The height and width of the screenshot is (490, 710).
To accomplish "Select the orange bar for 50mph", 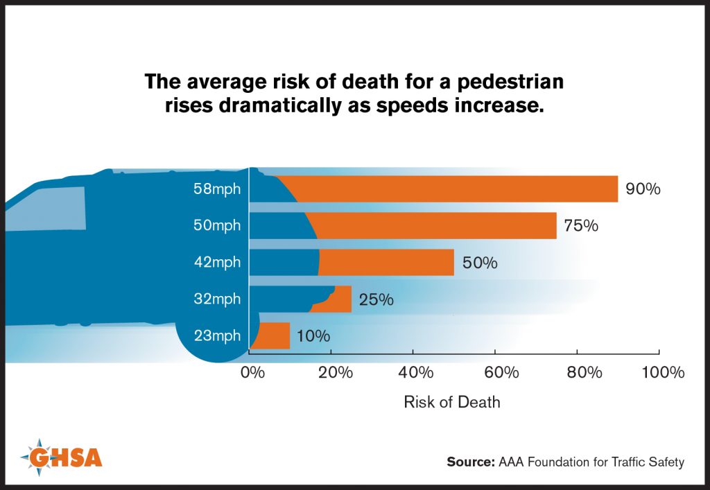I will tap(437, 226).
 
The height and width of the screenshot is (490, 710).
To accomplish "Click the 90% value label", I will tap(643, 189).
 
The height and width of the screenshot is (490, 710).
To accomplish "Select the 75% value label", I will tap(580, 226).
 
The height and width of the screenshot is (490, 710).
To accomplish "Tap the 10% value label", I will tap(313, 337).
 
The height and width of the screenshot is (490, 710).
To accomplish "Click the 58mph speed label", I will tap(218, 189).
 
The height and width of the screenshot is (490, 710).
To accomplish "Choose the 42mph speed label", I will tap(218, 263).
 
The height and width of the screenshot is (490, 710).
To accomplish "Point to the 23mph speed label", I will tap(218, 336).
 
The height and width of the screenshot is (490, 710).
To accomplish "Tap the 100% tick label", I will tap(663, 373).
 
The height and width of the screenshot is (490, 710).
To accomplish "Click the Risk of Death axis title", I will tap(451, 402).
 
